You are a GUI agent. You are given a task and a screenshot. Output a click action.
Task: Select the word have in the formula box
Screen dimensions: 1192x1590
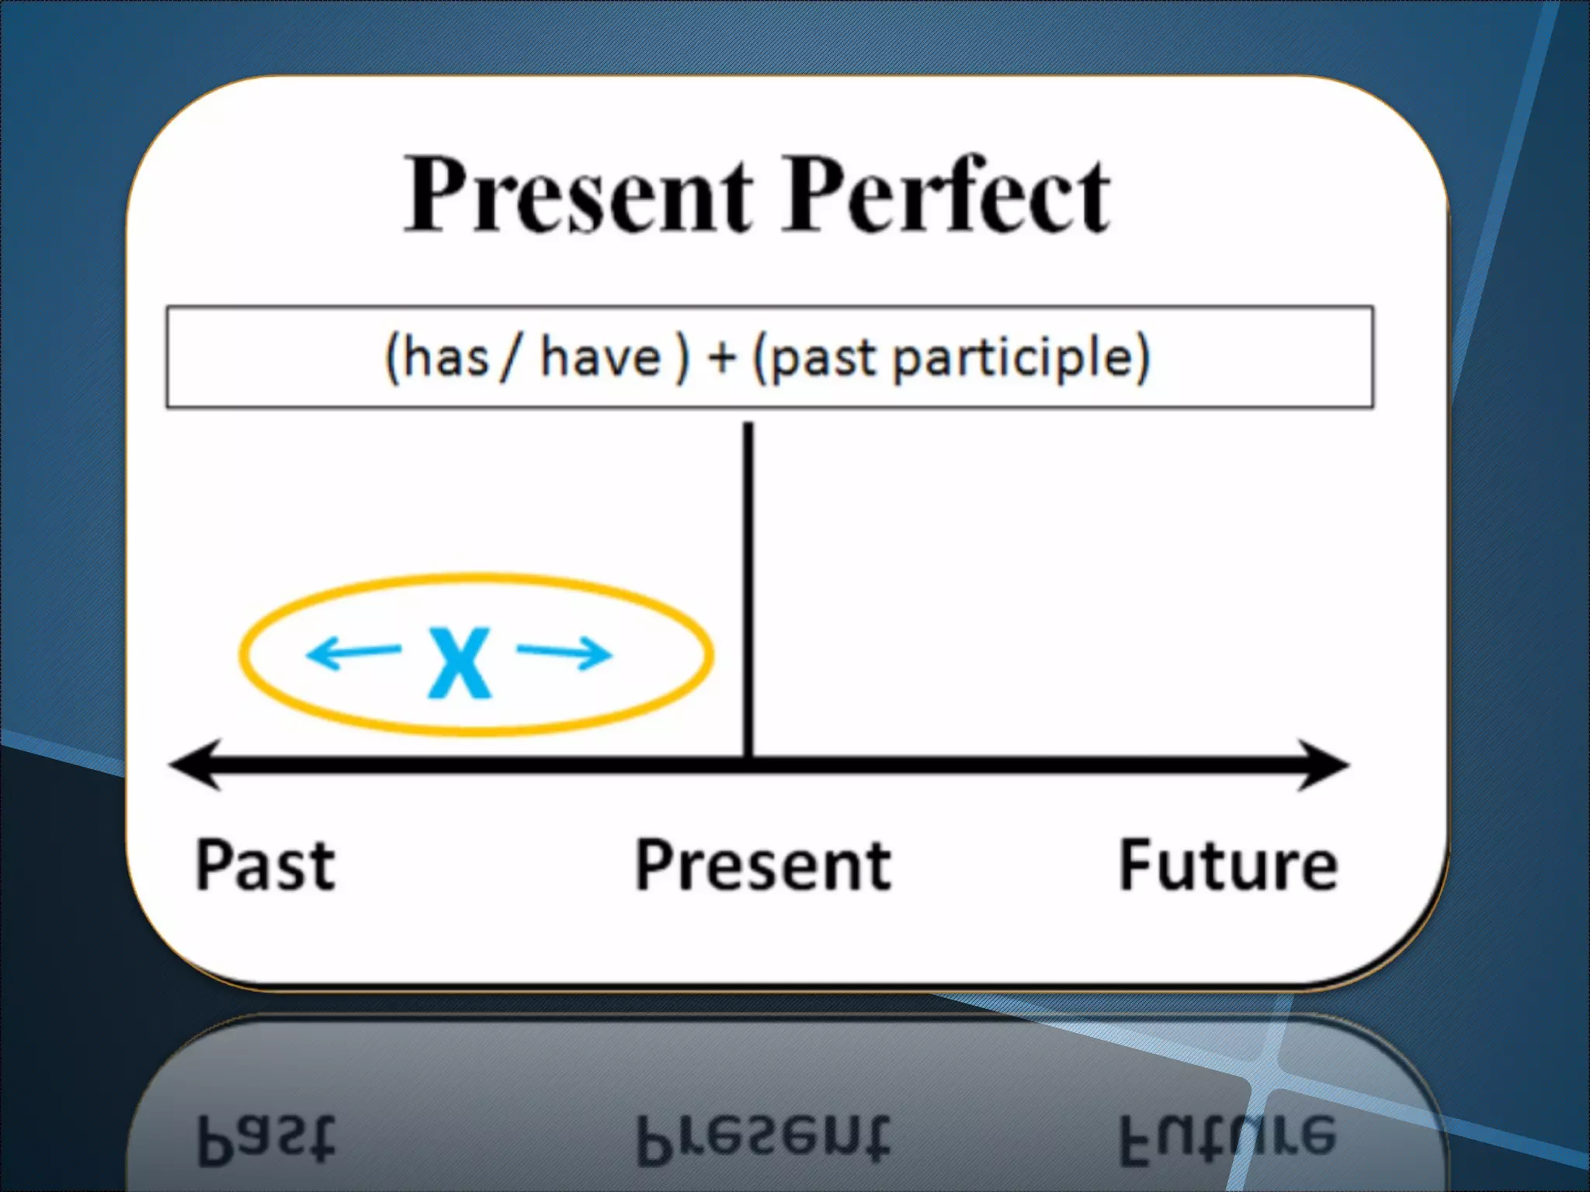[600, 359]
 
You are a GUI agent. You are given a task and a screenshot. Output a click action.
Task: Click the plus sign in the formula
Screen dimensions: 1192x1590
[721, 359]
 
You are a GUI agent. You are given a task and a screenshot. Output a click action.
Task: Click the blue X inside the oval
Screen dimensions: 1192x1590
[460, 664]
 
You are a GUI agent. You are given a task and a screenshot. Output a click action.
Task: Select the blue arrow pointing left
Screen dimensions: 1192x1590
[354, 653]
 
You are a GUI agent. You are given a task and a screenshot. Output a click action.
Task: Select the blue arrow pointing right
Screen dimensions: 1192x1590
[564, 653]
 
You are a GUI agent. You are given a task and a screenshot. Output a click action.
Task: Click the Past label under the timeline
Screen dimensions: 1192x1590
[265, 865]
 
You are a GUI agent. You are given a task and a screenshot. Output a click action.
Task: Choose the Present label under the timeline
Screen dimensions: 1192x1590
[763, 865]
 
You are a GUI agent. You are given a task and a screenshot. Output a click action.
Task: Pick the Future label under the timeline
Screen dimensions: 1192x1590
[1227, 865]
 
